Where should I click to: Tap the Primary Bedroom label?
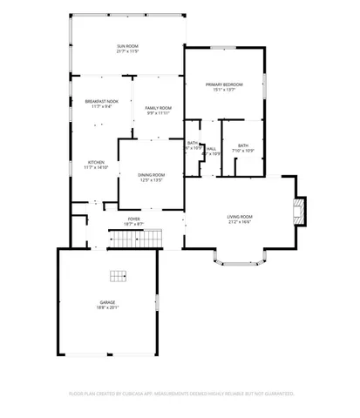224,84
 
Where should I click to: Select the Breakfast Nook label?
102,102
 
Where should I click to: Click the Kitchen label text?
96,162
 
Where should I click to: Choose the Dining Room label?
152,175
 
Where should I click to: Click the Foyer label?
133,219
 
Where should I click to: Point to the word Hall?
211,149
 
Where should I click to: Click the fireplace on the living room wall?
300,209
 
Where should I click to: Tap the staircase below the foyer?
135,238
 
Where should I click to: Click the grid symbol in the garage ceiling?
118,277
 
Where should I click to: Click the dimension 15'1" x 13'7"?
224,90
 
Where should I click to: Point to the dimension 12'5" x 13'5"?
152,180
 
